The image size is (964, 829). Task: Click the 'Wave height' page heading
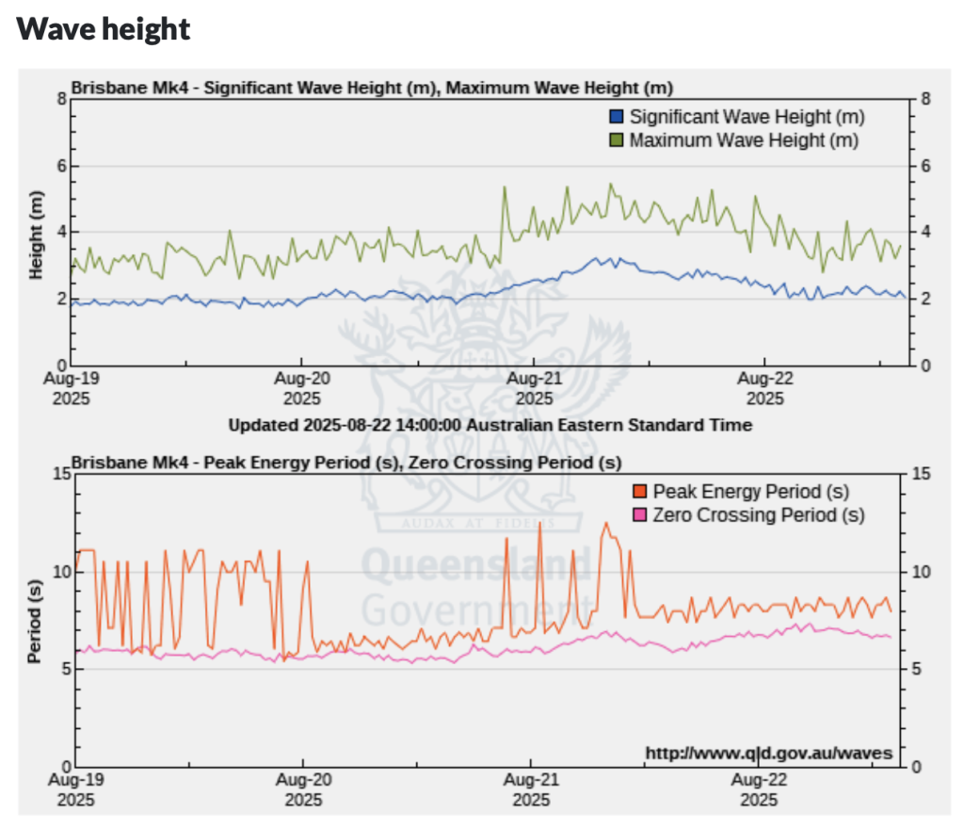[104, 28]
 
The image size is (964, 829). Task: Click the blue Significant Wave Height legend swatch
[617, 117]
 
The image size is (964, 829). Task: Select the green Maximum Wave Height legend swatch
[617, 140]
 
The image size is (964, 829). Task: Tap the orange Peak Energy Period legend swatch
[640, 492]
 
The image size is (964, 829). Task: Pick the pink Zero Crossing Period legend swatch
[640, 515]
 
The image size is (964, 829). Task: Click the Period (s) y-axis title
[35, 623]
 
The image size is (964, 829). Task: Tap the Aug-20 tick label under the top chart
[302, 389]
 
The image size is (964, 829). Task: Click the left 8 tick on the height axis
[61, 99]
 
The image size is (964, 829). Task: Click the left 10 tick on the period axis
[58, 572]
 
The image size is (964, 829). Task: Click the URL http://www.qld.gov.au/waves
[768, 754]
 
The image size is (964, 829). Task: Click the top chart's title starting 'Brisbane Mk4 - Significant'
[372, 89]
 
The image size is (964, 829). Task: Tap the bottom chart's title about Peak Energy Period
[346, 463]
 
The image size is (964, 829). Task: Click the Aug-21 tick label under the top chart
[534, 389]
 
